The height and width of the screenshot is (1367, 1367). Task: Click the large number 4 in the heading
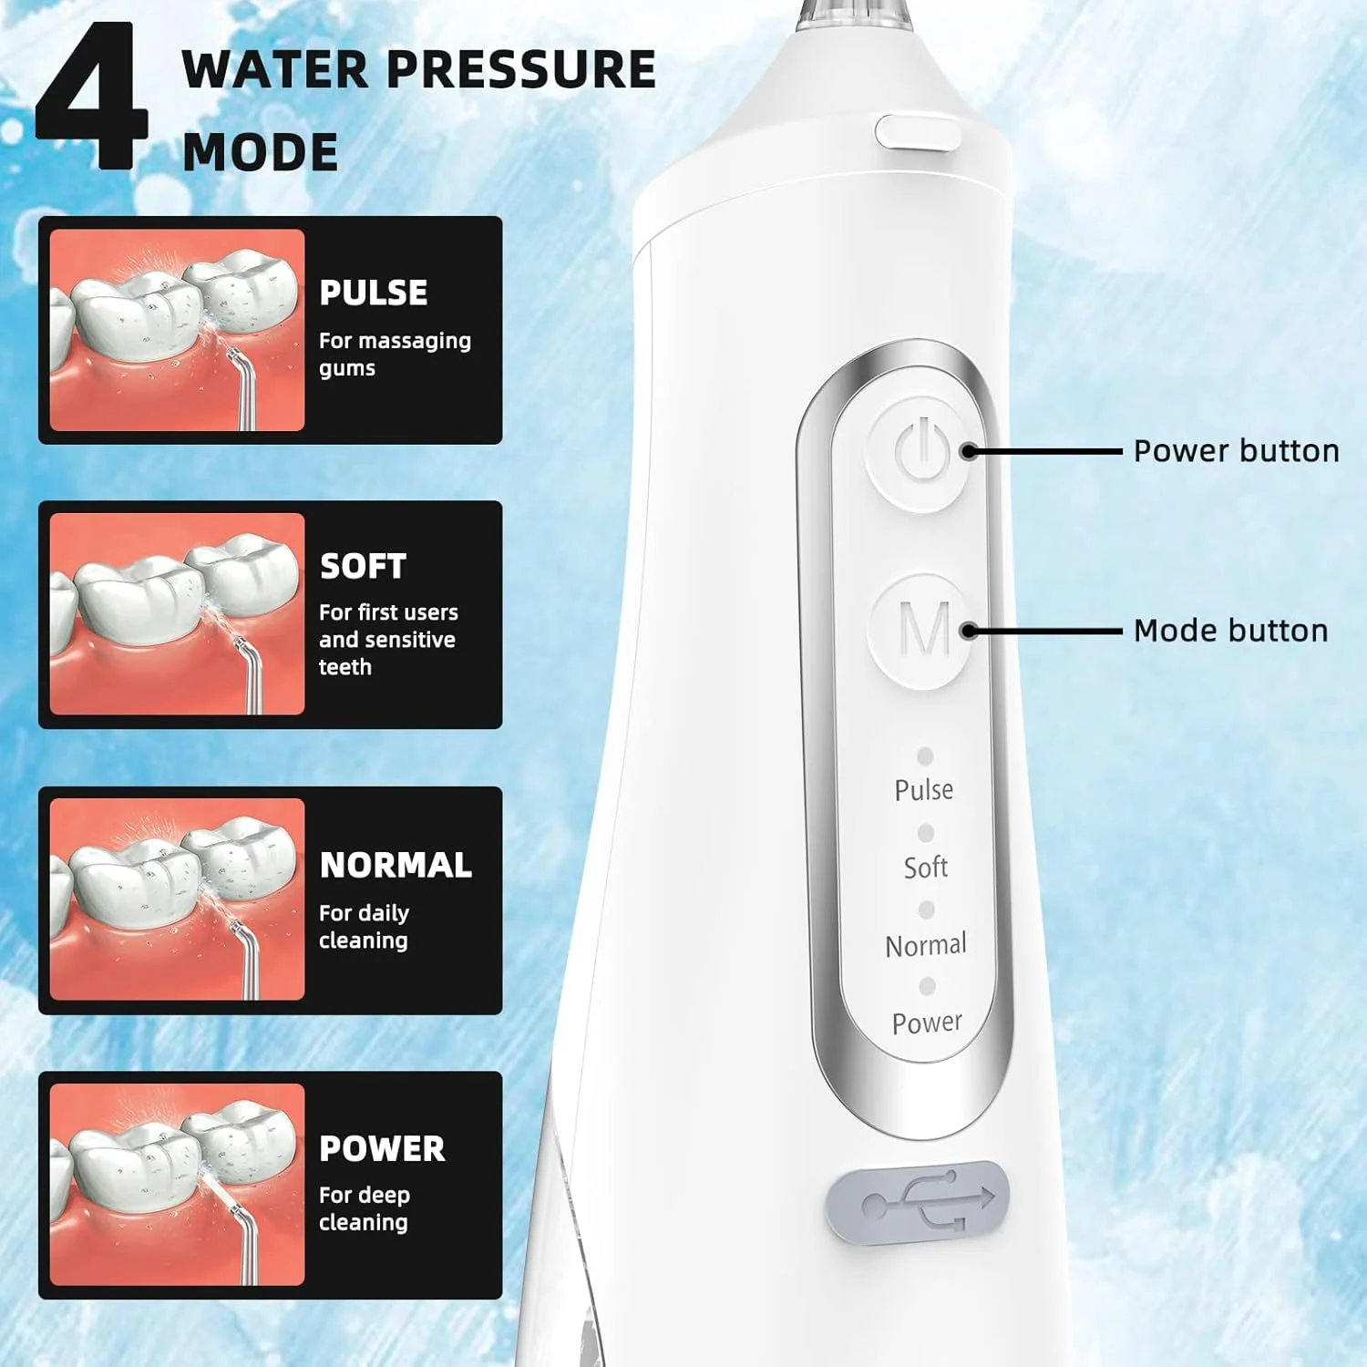(x=91, y=97)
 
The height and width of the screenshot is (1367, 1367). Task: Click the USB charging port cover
(x=917, y=1202)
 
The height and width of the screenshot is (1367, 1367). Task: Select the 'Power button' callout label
(x=1236, y=451)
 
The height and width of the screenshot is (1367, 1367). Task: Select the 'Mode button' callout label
(x=1230, y=631)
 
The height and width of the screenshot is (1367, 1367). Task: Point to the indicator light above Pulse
(x=925, y=755)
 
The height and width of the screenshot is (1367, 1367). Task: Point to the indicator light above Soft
(x=926, y=833)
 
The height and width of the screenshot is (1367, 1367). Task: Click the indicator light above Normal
(x=927, y=910)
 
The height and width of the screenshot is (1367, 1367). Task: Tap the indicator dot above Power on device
(x=928, y=986)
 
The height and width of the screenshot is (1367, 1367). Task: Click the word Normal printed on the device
(x=926, y=945)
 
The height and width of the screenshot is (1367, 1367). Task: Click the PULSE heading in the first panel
(x=374, y=293)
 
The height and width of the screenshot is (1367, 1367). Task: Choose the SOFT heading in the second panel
(x=363, y=566)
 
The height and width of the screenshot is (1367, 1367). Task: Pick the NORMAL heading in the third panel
(x=396, y=865)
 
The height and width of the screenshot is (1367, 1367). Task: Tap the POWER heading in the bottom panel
(x=382, y=1149)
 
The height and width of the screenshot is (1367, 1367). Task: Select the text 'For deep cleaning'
(x=365, y=1208)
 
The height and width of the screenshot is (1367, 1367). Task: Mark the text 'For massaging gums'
(x=395, y=354)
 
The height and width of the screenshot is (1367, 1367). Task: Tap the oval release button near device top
(x=918, y=132)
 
